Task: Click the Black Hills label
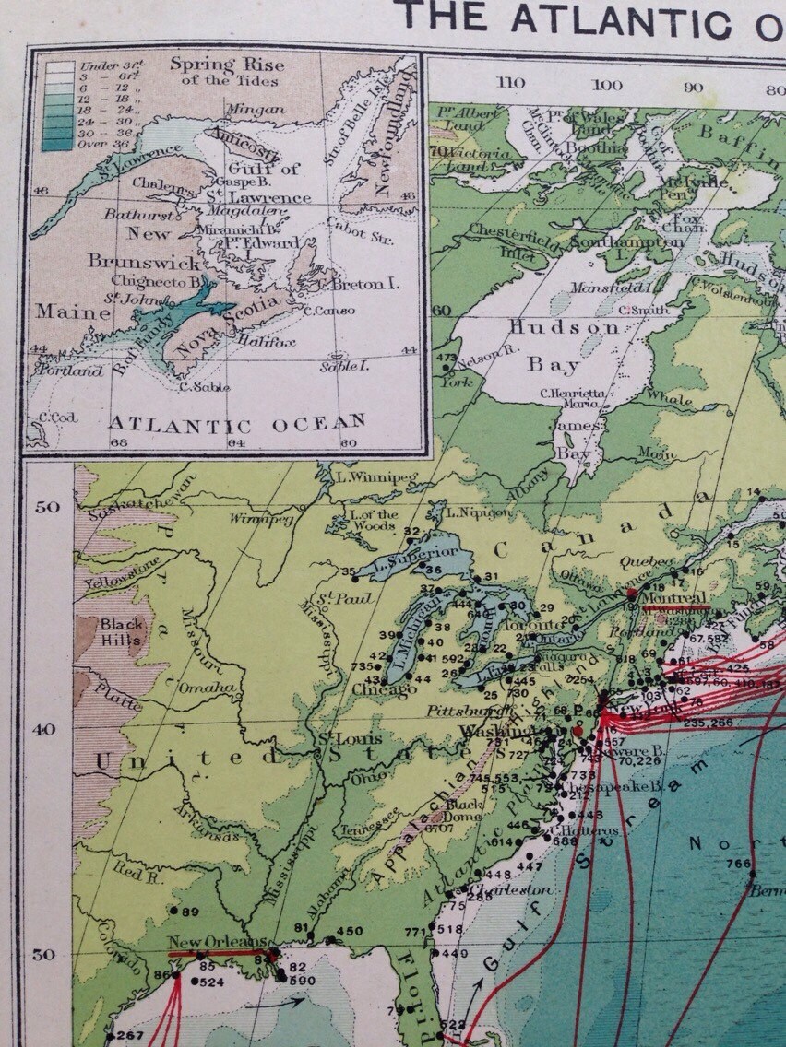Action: [122, 632]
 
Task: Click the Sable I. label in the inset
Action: [344, 366]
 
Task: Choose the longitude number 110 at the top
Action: [510, 83]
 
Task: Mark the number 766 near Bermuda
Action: [738, 864]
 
